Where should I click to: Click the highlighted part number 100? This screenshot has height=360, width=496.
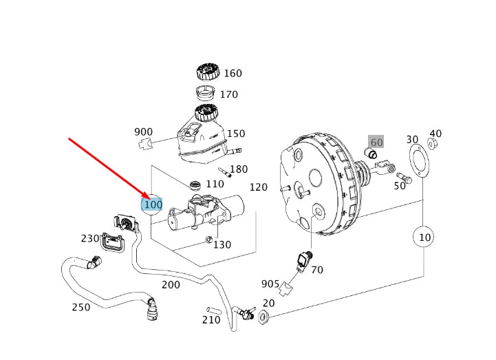pos(153,204)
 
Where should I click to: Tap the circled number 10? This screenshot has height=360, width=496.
pos(424,237)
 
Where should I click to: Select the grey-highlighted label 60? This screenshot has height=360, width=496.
pos(376,142)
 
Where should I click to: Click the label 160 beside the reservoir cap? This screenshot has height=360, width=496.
pos(233,74)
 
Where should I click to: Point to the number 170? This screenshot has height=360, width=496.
pos(228,94)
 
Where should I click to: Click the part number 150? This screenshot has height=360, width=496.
pos(236,134)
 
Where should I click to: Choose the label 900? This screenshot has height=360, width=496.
pos(143,132)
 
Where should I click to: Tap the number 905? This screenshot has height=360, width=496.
pos(270,284)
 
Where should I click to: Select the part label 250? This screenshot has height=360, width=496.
pos(81,307)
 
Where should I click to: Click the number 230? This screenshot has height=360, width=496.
pos(90,238)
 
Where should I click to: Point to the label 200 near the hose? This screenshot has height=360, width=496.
pos(171,284)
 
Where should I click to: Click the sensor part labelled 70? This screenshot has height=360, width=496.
pos(303,260)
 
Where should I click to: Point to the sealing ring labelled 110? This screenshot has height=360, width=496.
pos(196,184)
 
